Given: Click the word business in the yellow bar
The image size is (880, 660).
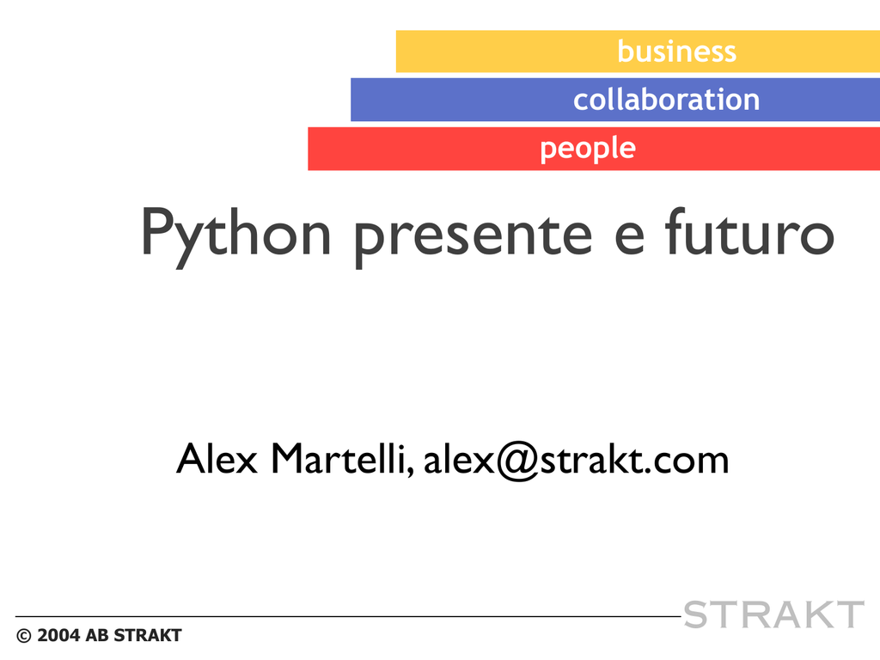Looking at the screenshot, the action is [676, 51].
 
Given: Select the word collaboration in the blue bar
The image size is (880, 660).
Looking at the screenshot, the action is [666, 100].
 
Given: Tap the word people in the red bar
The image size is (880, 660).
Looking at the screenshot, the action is [588, 149].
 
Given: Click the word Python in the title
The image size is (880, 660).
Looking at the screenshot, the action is [235, 235].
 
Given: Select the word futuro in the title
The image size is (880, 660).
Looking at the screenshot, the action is [749, 231].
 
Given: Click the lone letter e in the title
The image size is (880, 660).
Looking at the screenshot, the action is [629, 239].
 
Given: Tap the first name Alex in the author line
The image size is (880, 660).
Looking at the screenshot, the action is [217, 459].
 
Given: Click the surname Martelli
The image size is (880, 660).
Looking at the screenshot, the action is [342, 459].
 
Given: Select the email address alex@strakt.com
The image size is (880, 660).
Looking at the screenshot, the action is [576, 461].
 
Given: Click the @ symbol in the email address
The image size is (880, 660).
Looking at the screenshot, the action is [516, 461].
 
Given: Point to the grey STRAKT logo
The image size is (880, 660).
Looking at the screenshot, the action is [773, 614].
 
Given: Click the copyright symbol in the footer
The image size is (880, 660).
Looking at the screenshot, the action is [23, 636].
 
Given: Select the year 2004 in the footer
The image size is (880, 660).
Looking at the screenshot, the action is [58, 635].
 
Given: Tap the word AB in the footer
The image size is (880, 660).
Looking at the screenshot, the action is [96, 635].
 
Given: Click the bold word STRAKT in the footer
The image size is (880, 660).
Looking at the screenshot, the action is [148, 635].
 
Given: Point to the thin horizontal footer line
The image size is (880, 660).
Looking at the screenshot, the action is [348, 617].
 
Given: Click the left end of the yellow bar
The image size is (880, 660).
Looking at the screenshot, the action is [397, 52].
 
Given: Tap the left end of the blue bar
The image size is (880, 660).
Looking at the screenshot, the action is [351, 100].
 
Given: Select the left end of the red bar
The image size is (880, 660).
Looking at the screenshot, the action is [309, 149].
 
